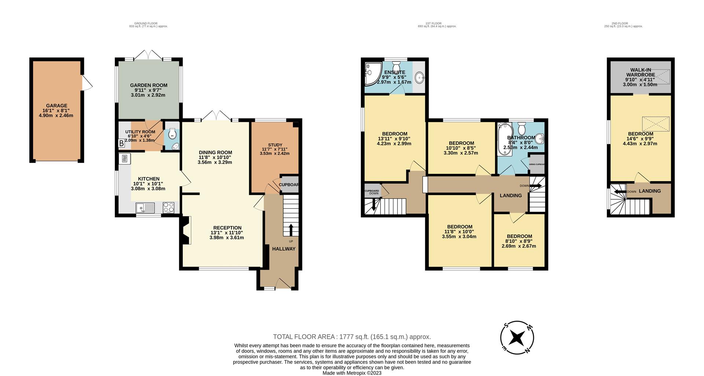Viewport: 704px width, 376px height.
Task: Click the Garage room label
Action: (56, 106)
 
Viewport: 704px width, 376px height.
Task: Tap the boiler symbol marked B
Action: (121, 144)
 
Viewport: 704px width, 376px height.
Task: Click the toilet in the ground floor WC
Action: (172, 134)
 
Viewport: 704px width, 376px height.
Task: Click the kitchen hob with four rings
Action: (169, 208)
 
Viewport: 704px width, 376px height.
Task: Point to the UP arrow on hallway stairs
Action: (291, 230)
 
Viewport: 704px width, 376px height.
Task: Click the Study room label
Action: (275, 145)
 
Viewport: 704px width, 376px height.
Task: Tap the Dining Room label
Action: (215, 153)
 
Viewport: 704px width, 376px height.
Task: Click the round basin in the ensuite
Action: (420, 77)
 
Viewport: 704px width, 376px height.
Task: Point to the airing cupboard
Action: (536, 164)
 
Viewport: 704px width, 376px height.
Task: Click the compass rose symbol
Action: (517, 337)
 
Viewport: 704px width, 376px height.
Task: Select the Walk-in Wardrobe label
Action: (640, 72)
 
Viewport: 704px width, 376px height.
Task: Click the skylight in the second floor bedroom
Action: (656, 124)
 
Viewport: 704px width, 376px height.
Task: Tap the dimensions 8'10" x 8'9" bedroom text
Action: (519, 241)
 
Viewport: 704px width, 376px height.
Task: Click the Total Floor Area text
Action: (352, 337)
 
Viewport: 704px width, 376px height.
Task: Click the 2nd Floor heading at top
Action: (623, 23)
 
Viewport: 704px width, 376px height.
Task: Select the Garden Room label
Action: (148, 85)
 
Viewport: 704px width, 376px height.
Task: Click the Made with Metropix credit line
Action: (352, 373)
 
